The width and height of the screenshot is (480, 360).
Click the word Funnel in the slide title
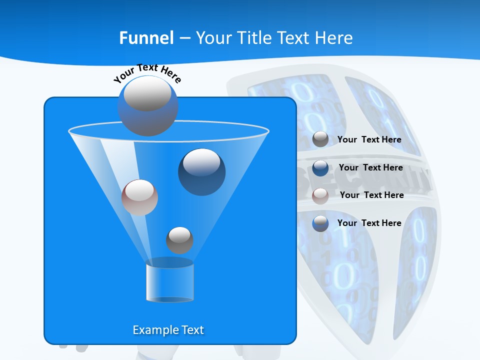tap(146, 38)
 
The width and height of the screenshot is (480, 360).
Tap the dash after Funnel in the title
tap(184, 38)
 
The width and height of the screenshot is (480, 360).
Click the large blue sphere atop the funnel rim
tap(148, 105)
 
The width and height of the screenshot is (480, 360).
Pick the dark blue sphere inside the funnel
tap(201, 171)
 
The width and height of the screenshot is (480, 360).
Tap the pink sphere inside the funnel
tap(139, 197)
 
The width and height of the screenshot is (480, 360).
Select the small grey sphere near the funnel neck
tap(179, 240)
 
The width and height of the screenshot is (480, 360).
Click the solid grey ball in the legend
tap(320, 139)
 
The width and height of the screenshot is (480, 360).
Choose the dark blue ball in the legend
tap(320, 168)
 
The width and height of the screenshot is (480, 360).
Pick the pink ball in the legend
tap(320, 196)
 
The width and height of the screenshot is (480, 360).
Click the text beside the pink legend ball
tap(371, 195)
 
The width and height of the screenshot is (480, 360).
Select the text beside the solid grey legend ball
tap(369, 139)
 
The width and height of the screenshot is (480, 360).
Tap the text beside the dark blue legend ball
tap(370, 167)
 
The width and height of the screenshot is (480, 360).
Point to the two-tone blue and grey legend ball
tap(320, 223)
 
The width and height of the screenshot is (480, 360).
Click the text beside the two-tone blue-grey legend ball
tap(369, 223)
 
